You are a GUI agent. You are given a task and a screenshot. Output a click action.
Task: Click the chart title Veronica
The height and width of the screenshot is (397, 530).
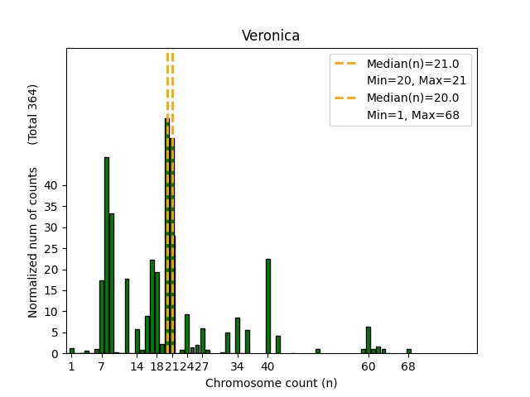[271, 36]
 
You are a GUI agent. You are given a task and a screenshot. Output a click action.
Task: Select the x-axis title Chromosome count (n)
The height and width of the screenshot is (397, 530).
[271, 383]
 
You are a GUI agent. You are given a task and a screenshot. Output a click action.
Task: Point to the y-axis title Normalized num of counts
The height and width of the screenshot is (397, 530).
[33, 242]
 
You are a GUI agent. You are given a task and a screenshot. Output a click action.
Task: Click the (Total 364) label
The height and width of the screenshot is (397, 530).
[33, 114]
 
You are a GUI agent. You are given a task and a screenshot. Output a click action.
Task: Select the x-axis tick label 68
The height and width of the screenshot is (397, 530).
[408, 366]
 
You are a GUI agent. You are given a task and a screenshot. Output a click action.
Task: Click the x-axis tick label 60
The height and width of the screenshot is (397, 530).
[369, 366]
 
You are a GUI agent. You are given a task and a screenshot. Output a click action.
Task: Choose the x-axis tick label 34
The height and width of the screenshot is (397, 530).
[238, 366]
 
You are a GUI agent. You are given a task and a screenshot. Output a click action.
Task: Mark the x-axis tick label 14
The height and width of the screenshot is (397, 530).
[137, 366]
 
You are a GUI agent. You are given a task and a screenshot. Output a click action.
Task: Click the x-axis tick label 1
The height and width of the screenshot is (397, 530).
[72, 366]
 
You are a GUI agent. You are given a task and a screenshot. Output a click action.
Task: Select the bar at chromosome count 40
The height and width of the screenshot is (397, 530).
[267, 306]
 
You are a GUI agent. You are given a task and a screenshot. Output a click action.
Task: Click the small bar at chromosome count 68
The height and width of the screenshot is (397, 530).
[408, 351]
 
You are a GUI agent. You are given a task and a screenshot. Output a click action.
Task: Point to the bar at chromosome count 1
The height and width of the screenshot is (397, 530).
[72, 351]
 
